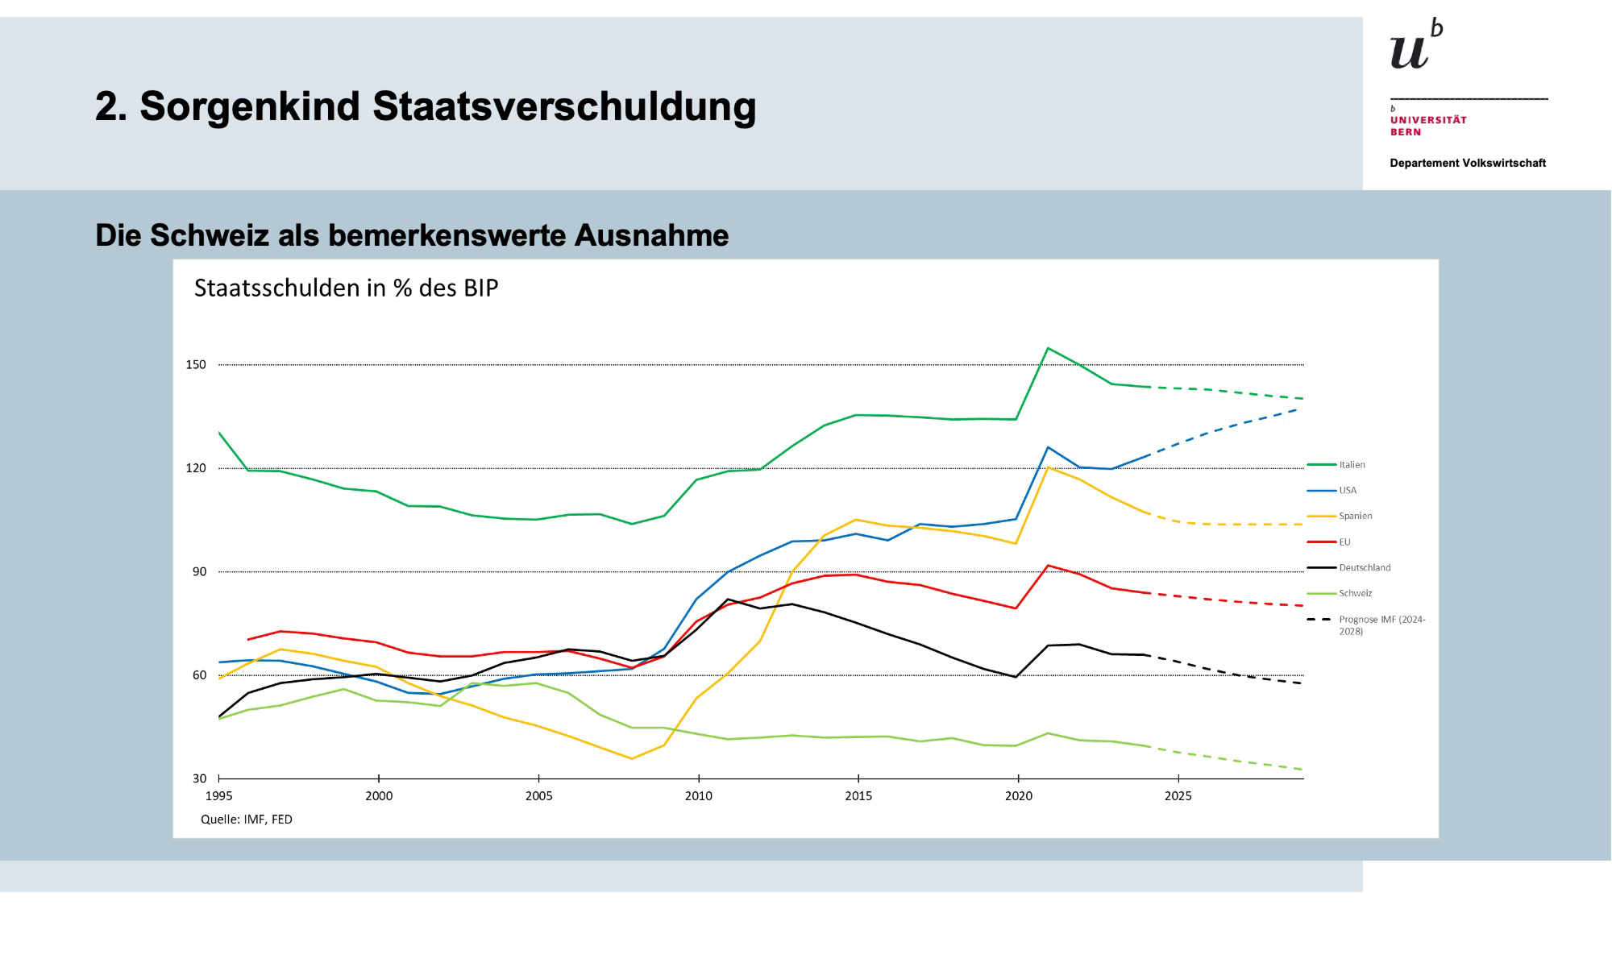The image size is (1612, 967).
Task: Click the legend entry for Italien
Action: click(1352, 465)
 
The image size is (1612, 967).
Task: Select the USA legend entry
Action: click(1348, 491)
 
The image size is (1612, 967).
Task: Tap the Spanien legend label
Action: click(1355, 517)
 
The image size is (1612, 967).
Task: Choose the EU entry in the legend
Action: click(1344, 542)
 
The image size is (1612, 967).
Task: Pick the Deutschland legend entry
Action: click(1365, 568)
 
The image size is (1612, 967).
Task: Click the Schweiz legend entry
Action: click(1355, 594)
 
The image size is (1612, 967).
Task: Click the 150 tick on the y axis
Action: click(196, 365)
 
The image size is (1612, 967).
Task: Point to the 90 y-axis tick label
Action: click(199, 572)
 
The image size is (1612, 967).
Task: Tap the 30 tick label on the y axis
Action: click(199, 779)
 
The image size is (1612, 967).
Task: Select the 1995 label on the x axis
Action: click(219, 797)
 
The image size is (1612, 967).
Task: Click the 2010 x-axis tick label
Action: click(699, 797)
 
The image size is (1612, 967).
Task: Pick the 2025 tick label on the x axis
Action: click(1178, 797)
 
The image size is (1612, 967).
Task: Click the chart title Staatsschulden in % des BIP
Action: click(346, 288)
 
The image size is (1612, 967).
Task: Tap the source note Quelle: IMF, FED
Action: click(247, 820)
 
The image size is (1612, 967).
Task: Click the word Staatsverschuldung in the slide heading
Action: click(564, 106)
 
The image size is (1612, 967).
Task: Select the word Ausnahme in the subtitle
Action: click(651, 235)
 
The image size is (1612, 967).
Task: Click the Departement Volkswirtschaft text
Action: click(1467, 164)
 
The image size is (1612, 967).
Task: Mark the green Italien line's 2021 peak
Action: click(1048, 348)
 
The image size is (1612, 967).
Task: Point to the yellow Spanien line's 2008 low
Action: click(632, 758)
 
